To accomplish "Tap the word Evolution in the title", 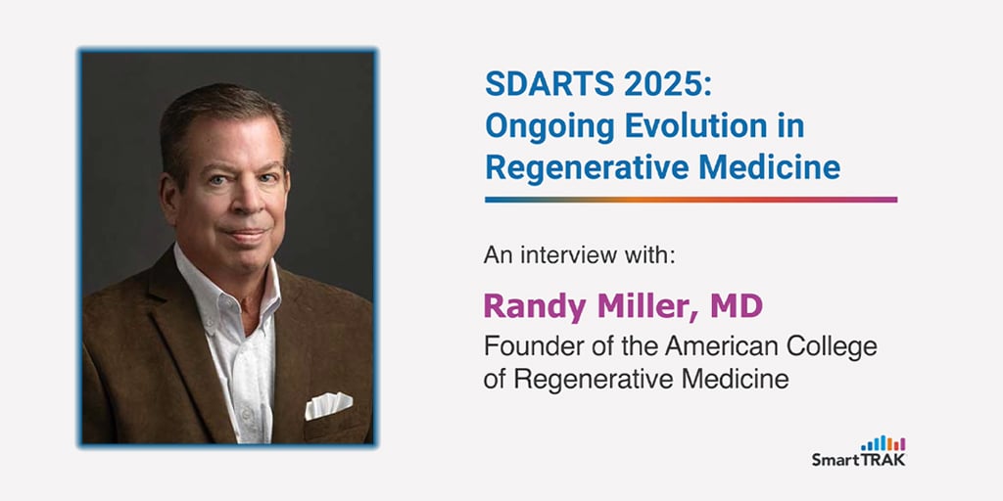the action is [696, 126].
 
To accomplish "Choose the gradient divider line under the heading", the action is [691, 200].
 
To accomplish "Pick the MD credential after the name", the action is [737, 306].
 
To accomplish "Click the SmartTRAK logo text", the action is [858, 460].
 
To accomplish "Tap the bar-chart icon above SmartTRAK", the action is [884, 443].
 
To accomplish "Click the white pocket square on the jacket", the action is [328, 405].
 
